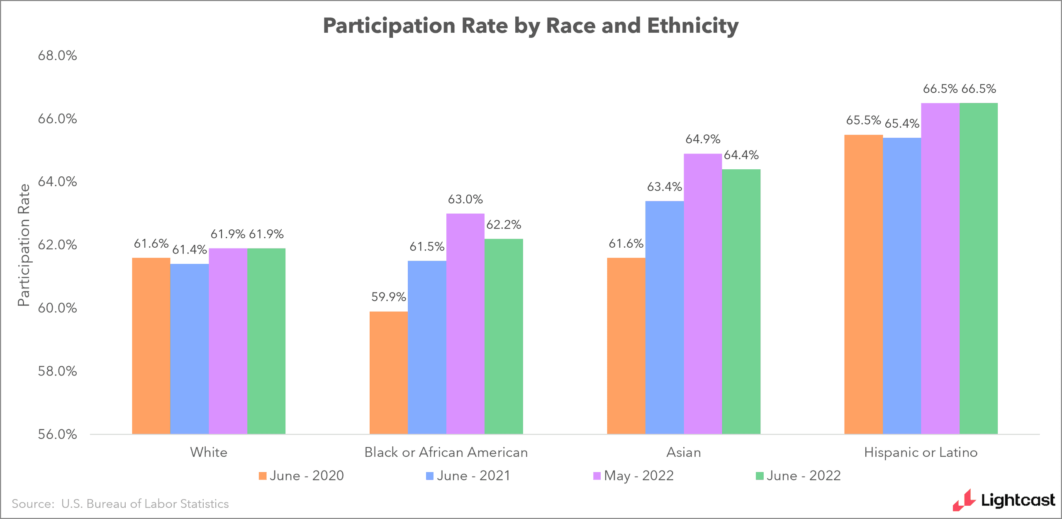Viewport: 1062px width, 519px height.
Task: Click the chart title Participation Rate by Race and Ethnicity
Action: click(x=531, y=26)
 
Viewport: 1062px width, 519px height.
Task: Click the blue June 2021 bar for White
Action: click(x=190, y=348)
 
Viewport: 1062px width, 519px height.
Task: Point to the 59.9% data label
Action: click(x=388, y=297)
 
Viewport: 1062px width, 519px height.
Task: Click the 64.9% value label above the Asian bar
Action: click(x=703, y=139)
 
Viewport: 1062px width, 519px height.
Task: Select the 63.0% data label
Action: click(x=465, y=200)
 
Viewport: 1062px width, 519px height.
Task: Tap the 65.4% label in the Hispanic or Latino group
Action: click(x=902, y=124)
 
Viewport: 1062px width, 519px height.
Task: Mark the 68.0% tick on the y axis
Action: click(x=57, y=56)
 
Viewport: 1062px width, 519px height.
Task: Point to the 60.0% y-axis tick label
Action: click(x=57, y=308)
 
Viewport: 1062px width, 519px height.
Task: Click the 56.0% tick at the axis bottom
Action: click(x=57, y=434)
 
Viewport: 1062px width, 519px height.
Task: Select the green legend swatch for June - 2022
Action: click(x=760, y=476)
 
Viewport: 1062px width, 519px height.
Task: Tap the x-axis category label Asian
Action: click(x=683, y=452)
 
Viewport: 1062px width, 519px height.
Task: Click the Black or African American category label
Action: click(x=446, y=452)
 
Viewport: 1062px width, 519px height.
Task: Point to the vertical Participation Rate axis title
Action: click(x=24, y=245)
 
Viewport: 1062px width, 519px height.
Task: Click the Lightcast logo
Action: click(x=1004, y=500)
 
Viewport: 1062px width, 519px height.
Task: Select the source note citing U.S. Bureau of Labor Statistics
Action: click(x=120, y=504)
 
